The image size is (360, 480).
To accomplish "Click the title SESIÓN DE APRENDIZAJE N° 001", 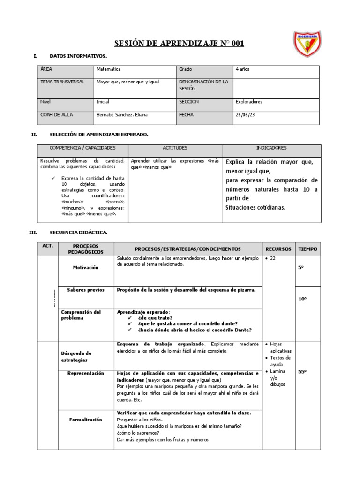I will [x=180, y=44].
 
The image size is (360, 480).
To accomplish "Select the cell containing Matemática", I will [x=108, y=69].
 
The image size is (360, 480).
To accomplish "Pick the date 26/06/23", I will [x=245, y=114].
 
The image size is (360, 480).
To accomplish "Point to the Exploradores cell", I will [x=249, y=101].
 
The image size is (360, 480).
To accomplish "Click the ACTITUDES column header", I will [x=175, y=148].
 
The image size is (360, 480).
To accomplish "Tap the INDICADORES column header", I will [x=272, y=148].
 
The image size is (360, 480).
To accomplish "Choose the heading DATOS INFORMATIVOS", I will [x=78, y=56].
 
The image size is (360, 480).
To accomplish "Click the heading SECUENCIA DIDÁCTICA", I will [x=78, y=232].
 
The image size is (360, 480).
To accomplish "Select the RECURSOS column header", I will [x=278, y=249].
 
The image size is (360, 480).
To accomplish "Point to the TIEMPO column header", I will [x=307, y=249].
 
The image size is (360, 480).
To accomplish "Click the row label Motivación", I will [x=86, y=267].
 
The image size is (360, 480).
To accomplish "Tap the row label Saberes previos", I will [x=86, y=290].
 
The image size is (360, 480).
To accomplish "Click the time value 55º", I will [x=302, y=372].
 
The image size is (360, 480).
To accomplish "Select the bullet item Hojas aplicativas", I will [x=281, y=347].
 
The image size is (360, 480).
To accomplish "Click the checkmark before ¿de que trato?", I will [x=130, y=318].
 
